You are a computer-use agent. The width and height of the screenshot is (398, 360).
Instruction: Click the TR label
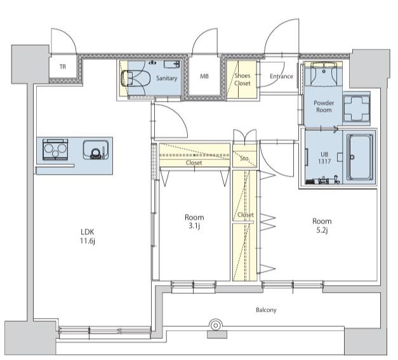[63, 67]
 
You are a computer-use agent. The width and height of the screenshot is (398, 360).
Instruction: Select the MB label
[204, 76]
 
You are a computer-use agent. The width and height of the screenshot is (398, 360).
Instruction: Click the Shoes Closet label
[242, 79]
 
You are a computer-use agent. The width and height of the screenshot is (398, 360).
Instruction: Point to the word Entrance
[281, 76]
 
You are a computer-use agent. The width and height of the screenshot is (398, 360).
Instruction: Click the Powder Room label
[324, 107]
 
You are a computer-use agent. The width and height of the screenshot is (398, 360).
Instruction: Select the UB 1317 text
[324, 157]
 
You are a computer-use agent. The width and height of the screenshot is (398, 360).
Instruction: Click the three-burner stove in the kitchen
[55, 149]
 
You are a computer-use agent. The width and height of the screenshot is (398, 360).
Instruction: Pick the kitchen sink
[96, 150]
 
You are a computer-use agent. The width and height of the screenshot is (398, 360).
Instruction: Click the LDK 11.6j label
[88, 236]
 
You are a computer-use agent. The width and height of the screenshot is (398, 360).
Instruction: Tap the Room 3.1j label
[194, 222]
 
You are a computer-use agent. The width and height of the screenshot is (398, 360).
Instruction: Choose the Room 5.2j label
[322, 225]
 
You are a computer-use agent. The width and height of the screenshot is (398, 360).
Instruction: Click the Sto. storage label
[244, 159]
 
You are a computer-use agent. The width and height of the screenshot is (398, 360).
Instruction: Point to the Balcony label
[266, 310]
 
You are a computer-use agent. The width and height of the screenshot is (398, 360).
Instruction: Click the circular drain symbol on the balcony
[216, 325]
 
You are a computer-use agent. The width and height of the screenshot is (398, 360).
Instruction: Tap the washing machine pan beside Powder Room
[356, 109]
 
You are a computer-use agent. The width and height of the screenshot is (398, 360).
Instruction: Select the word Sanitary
[166, 78]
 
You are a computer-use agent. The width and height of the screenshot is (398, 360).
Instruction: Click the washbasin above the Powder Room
[323, 74]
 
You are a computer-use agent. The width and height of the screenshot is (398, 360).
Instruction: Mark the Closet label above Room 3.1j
[194, 163]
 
